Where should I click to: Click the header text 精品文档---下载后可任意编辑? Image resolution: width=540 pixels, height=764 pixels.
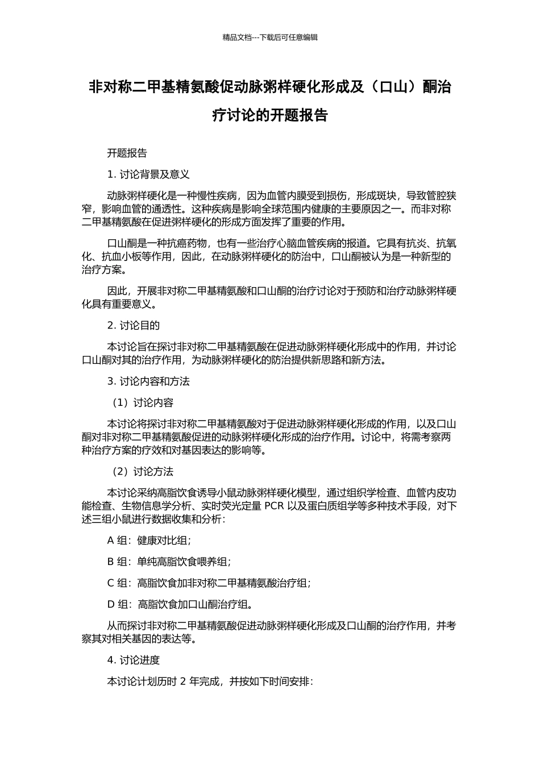click(x=270, y=38)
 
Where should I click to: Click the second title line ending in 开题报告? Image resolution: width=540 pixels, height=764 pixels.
click(x=270, y=115)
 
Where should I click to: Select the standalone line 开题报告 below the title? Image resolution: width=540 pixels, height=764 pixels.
click(x=127, y=153)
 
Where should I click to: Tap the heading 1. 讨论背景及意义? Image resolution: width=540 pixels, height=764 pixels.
click(x=148, y=174)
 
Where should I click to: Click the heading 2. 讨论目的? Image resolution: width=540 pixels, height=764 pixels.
click(x=134, y=325)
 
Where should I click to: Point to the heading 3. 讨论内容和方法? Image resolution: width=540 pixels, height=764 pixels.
click(x=148, y=381)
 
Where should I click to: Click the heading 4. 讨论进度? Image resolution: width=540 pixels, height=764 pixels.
click(x=134, y=660)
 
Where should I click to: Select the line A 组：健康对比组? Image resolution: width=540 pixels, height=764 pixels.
click(x=149, y=541)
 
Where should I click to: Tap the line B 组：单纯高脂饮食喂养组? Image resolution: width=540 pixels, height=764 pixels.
click(x=169, y=562)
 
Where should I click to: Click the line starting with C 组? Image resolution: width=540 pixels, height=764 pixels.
click(x=209, y=583)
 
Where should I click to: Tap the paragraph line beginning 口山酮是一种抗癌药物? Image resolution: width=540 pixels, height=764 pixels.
click(x=282, y=243)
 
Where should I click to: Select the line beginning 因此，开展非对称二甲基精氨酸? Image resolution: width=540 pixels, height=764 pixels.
click(x=282, y=292)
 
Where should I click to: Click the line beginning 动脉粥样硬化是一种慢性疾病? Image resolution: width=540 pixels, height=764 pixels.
click(x=282, y=196)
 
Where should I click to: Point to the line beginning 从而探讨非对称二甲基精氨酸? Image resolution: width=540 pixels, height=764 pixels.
click(x=282, y=626)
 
